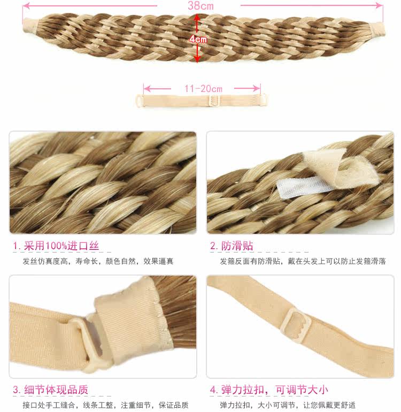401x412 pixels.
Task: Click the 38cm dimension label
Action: click(x=200, y=6)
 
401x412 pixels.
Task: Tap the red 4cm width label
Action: click(x=198, y=39)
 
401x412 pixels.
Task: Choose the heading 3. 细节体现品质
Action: click(x=51, y=390)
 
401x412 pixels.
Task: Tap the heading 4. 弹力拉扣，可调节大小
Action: click(x=269, y=390)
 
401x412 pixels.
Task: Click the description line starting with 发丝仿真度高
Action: click(x=98, y=262)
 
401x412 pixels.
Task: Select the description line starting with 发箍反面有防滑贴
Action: click(x=303, y=262)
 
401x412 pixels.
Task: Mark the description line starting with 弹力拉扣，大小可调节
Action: click(x=288, y=405)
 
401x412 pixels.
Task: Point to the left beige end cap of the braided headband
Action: click(x=29, y=24)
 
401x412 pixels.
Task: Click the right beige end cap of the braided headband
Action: click(x=377, y=27)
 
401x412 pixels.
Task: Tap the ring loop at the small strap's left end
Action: click(x=140, y=101)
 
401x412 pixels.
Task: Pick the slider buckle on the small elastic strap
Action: click(x=215, y=101)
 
